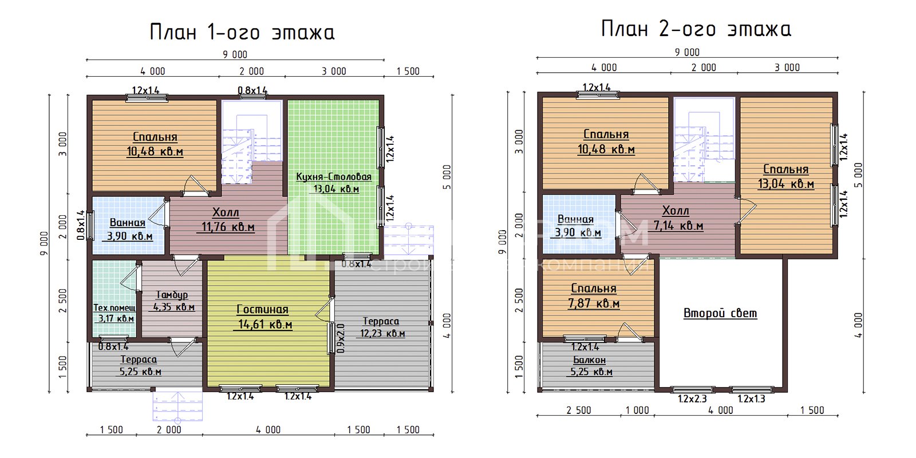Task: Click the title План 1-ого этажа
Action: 242,32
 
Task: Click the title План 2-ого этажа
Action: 696,29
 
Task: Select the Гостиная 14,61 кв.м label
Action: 263,317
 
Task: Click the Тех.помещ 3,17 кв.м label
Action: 114,313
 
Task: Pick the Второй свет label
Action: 720,313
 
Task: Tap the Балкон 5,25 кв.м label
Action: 590,366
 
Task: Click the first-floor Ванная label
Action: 128,228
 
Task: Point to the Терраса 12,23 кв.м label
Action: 382,327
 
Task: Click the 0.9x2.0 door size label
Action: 341,338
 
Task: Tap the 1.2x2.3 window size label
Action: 692,399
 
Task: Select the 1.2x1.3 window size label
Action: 751,399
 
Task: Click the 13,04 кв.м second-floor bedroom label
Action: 786,176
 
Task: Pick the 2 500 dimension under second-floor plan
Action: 578,410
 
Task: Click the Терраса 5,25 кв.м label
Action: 140,365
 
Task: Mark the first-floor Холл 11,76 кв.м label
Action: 227,219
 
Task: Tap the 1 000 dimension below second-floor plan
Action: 637,410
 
